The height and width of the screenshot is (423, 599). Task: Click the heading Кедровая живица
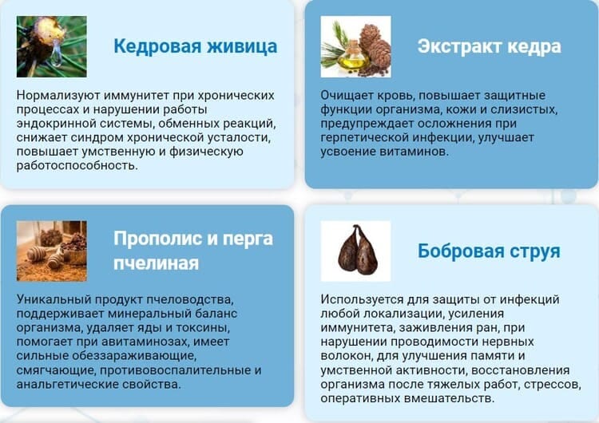click(195, 46)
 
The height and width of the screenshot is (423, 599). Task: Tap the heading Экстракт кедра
click(489, 46)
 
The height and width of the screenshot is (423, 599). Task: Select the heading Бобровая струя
click(489, 251)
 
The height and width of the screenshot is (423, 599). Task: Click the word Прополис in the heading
click(158, 239)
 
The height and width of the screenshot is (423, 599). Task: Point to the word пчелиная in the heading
click(156, 263)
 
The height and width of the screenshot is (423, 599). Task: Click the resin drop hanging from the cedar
click(57, 53)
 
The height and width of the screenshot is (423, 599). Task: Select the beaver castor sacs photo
click(355, 251)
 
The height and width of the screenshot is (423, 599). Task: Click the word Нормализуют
click(58, 95)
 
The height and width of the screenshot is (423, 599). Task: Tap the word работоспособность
click(77, 166)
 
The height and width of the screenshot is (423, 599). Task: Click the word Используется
click(362, 299)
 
